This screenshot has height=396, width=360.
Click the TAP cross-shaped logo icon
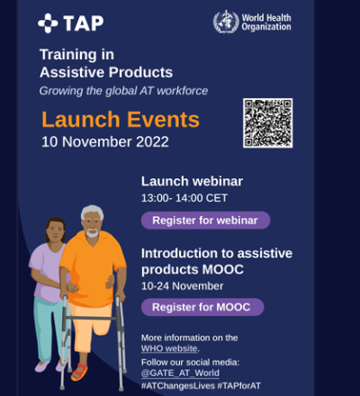48,23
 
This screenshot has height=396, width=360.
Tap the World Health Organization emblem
226,22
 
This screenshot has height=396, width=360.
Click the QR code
267,123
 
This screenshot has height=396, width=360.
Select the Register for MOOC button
202,307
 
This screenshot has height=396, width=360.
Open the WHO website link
169,348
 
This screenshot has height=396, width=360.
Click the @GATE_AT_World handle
180,373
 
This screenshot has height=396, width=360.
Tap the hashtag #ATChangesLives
178,385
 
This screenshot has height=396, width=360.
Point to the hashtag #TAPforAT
238,385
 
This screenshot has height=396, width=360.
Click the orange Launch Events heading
121,120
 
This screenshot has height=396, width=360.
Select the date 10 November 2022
105,141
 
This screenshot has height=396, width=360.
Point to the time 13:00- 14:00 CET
184,198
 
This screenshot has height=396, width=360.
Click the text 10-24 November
182,286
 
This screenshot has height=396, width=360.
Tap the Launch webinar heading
192,181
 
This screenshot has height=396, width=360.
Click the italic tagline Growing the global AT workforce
123,91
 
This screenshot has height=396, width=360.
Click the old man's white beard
92,232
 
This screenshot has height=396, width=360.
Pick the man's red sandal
80,372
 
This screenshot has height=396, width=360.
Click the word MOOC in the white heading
222,269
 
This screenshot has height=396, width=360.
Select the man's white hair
92,211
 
